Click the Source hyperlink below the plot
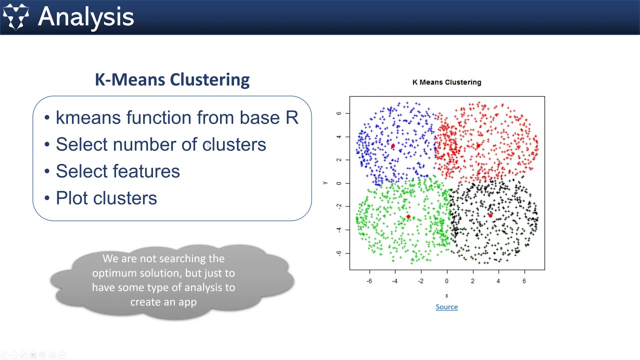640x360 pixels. [x=446, y=307]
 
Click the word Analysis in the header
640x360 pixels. [x=86, y=16]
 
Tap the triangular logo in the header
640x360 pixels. [x=15, y=16]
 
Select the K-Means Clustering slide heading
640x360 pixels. [x=172, y=79]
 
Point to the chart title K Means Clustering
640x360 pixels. [x=446, y=82]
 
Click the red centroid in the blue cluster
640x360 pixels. [x=392, y=146]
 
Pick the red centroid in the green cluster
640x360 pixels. [x=408, y=216]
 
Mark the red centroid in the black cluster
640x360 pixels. [x=490, y=215]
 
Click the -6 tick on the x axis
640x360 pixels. [x=369, y=281]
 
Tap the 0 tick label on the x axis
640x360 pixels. [x=446, y=281]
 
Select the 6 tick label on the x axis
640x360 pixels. [x=524, y=281]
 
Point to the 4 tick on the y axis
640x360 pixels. [x=339, y=136]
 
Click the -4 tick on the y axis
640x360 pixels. [x=339, y=229]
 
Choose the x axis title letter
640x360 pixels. [x=446, y=295]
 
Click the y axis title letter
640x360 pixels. [x=325, y=183]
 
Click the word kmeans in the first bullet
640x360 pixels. [x=88, y=117]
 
